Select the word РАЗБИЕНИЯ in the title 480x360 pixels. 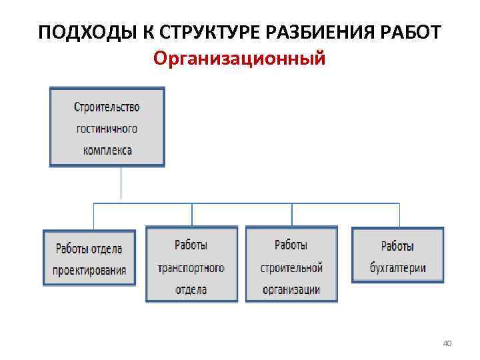point(314,33)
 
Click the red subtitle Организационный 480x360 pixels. point(239,59)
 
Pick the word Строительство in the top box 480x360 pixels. point(107,107)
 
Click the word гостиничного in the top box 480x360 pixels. point(107,128)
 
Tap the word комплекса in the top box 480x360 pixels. point(107,150)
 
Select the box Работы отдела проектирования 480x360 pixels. point(89,259)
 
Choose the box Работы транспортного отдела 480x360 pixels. point(191,266)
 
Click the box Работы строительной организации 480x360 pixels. point(291,266)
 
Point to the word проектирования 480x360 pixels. point(89,271)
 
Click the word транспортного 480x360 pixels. point(191,268)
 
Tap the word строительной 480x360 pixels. point(291,268)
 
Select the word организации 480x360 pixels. point(291,289)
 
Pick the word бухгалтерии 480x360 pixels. point(398,268)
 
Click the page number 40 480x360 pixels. point(447,343)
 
